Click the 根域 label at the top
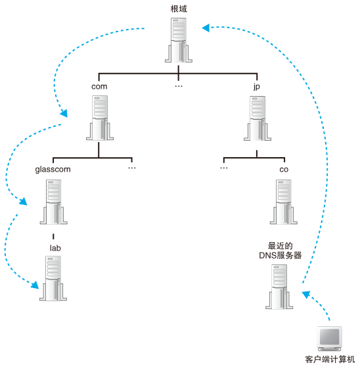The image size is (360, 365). click(179, 9)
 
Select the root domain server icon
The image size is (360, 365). click(179, 40)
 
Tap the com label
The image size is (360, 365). click(99, 87)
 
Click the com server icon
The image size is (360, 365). click(100, 118)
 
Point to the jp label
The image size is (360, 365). click(256, 87)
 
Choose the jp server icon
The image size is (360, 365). click(258, 118)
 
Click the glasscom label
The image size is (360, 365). click(53, 170)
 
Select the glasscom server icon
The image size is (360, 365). click(53, 202)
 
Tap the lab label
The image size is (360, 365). click(55, 248)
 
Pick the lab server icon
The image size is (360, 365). click(53, 278)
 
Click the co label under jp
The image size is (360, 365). click(284, 170)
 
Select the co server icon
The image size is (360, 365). click(284, 202)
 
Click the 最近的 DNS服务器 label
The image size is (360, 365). click(281, 251)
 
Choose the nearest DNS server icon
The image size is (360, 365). click(279, 287)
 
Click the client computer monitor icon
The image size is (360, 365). click(330, 339)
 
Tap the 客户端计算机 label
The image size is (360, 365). click(330, 359)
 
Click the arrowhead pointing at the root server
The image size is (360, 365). click(206, 28)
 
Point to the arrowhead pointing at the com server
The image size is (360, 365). click(64, 113)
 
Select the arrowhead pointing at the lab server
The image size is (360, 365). click(35, 285)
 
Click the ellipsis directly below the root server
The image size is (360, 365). click(179, 86)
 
